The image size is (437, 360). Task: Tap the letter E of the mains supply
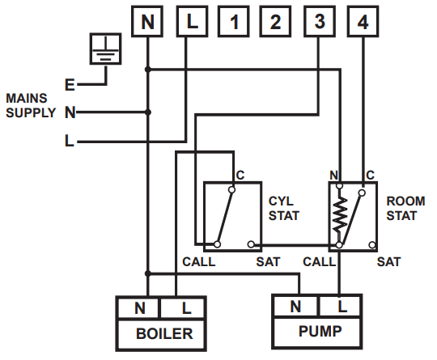(x=70, y=83)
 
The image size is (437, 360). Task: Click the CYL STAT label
(x=283, y=209)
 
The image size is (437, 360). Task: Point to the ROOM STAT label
(x=402, y=209)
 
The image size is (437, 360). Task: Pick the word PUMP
(x=320, y=332)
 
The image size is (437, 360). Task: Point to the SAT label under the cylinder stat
(x=268, y=262)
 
